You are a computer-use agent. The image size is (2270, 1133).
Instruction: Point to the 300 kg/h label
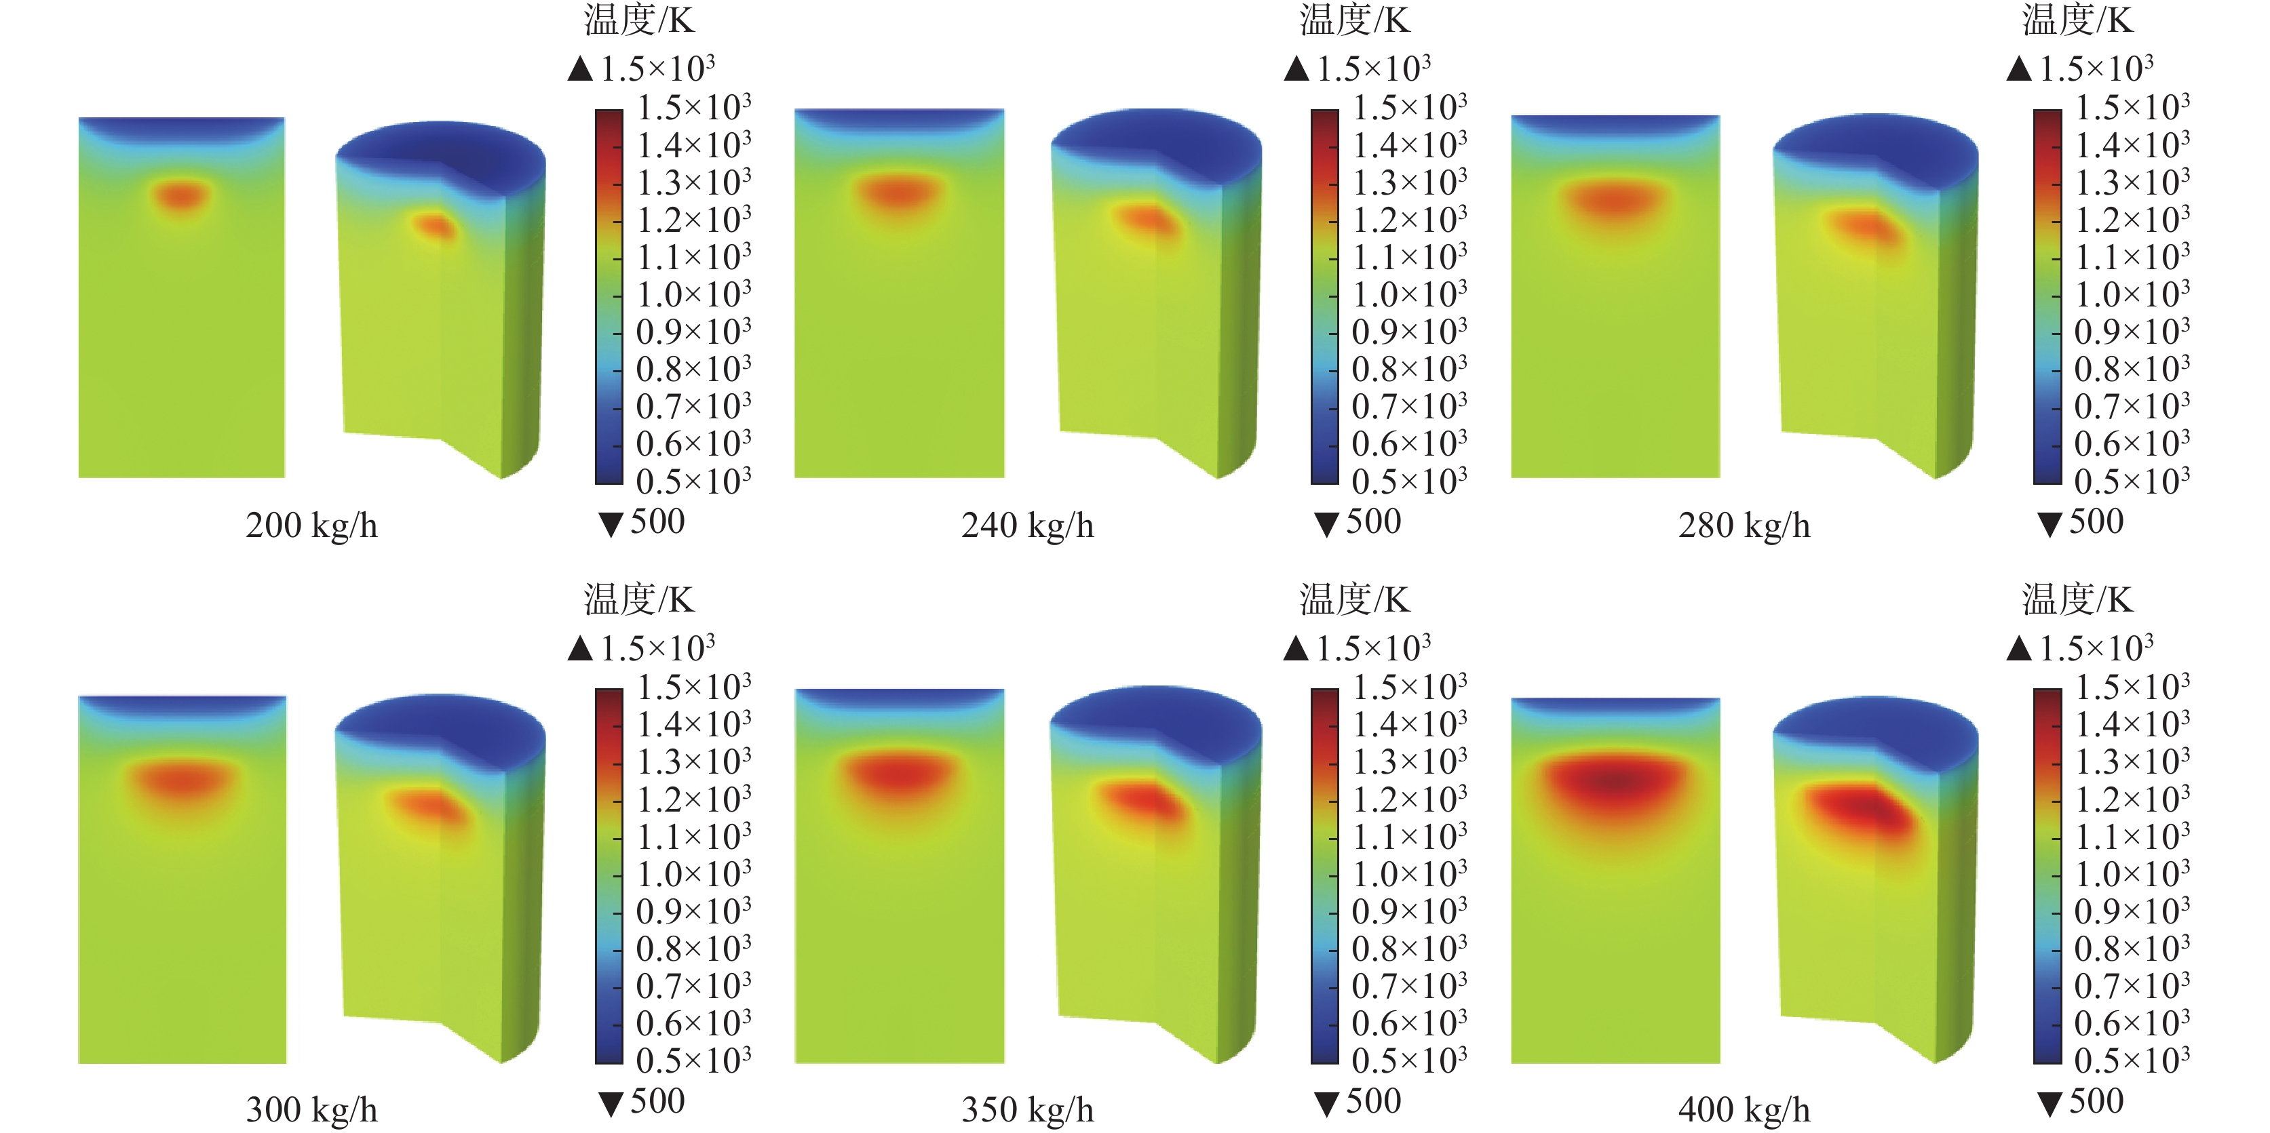tap(311, 1109)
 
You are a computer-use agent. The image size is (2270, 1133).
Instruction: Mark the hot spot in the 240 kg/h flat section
tap(898, 192)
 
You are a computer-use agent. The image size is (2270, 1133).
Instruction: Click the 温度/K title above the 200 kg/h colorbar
tap(639, 20)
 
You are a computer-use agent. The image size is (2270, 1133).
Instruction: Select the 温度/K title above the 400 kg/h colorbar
tap(2077, 599)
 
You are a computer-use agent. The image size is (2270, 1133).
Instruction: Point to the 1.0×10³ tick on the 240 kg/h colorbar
tap(1409, 294)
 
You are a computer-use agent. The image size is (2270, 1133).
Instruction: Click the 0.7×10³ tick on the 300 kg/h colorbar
tap(693, 986)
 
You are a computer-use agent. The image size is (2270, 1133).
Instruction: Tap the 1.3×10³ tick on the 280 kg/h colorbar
tap(2132, 182)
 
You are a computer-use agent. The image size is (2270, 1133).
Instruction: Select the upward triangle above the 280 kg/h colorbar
tap(2019, 68)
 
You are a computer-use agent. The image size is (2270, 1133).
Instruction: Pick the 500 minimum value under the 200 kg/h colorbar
tap(657, 521)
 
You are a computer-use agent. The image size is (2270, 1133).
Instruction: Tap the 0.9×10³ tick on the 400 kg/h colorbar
tap(2132, 912)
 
